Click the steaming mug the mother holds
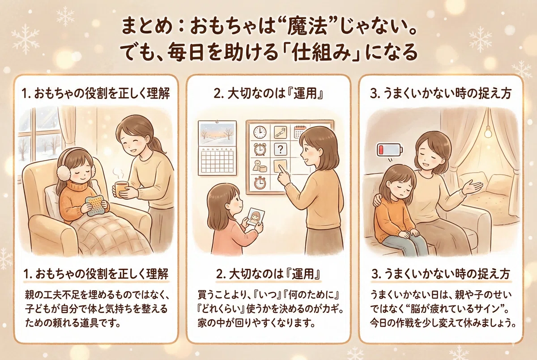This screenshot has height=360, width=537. (x=122, y=190)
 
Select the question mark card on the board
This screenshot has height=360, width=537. (x=280, y=149)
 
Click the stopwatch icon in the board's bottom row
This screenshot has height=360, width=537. (x=260, y=182)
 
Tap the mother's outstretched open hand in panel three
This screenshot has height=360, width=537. (x=472, y=187)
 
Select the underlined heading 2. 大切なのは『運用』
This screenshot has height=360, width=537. (x=268, y=275)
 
